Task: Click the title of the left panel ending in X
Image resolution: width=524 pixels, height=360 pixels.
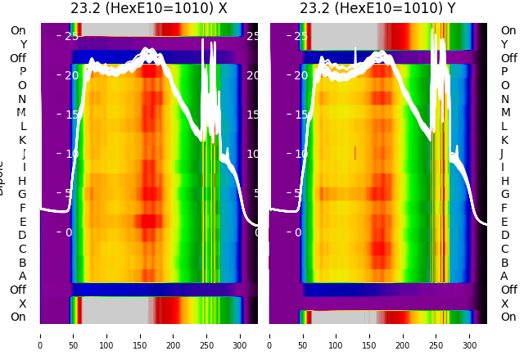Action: [148, 9]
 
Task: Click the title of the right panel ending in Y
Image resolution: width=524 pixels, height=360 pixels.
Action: [377, 9]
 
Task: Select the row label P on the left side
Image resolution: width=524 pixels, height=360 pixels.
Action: [22, 72]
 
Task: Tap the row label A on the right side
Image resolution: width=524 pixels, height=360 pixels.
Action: [504, 277]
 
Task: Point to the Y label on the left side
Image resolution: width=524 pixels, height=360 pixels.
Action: [23, 44]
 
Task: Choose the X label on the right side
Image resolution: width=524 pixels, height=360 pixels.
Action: [504, 304]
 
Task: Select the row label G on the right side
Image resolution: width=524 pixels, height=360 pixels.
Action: [504, 195]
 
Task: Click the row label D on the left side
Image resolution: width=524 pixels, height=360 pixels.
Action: [22, 236]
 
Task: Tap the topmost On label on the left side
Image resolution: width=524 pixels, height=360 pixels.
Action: [18, 31]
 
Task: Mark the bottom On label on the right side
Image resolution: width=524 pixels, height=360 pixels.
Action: [508, 317]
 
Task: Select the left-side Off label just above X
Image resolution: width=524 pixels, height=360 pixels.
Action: [18, 290]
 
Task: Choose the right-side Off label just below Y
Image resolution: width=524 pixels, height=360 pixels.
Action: [508, 58]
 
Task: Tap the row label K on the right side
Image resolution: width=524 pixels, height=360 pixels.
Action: [504, 140]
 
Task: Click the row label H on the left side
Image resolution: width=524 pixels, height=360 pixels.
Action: [22, 181]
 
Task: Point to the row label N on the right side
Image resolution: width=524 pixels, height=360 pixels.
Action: [504, 99]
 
